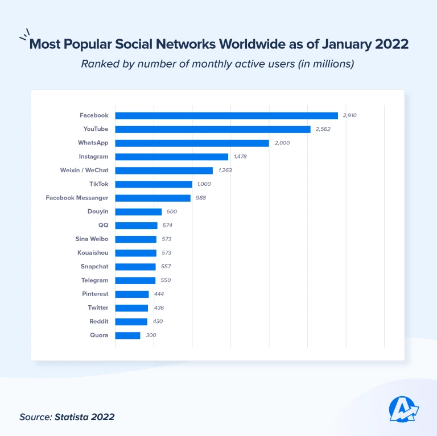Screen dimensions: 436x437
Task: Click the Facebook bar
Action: coord(226,115)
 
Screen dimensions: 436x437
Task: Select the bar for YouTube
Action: coord(213,129)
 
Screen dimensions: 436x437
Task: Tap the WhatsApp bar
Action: coord(192,143)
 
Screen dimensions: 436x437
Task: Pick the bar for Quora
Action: coord(127,335)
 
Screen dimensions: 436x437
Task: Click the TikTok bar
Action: coord(154,184)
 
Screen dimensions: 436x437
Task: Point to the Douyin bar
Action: coord(138,211)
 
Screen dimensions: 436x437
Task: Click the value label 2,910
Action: coord(349,115)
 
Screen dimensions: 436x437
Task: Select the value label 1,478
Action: coord(240,157)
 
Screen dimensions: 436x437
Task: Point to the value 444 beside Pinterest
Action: coord(159,294)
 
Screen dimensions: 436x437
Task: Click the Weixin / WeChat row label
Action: coord(84,171)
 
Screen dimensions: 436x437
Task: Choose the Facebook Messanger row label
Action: coord(77,198)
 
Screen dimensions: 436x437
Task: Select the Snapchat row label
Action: coord(94,267)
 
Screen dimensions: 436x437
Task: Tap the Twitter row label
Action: coord(97,308)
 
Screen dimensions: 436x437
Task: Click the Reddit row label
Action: coord(98,322)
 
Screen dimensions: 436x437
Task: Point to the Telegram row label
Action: coord(94,280)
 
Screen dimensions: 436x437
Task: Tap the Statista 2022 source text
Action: coord(84,417)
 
